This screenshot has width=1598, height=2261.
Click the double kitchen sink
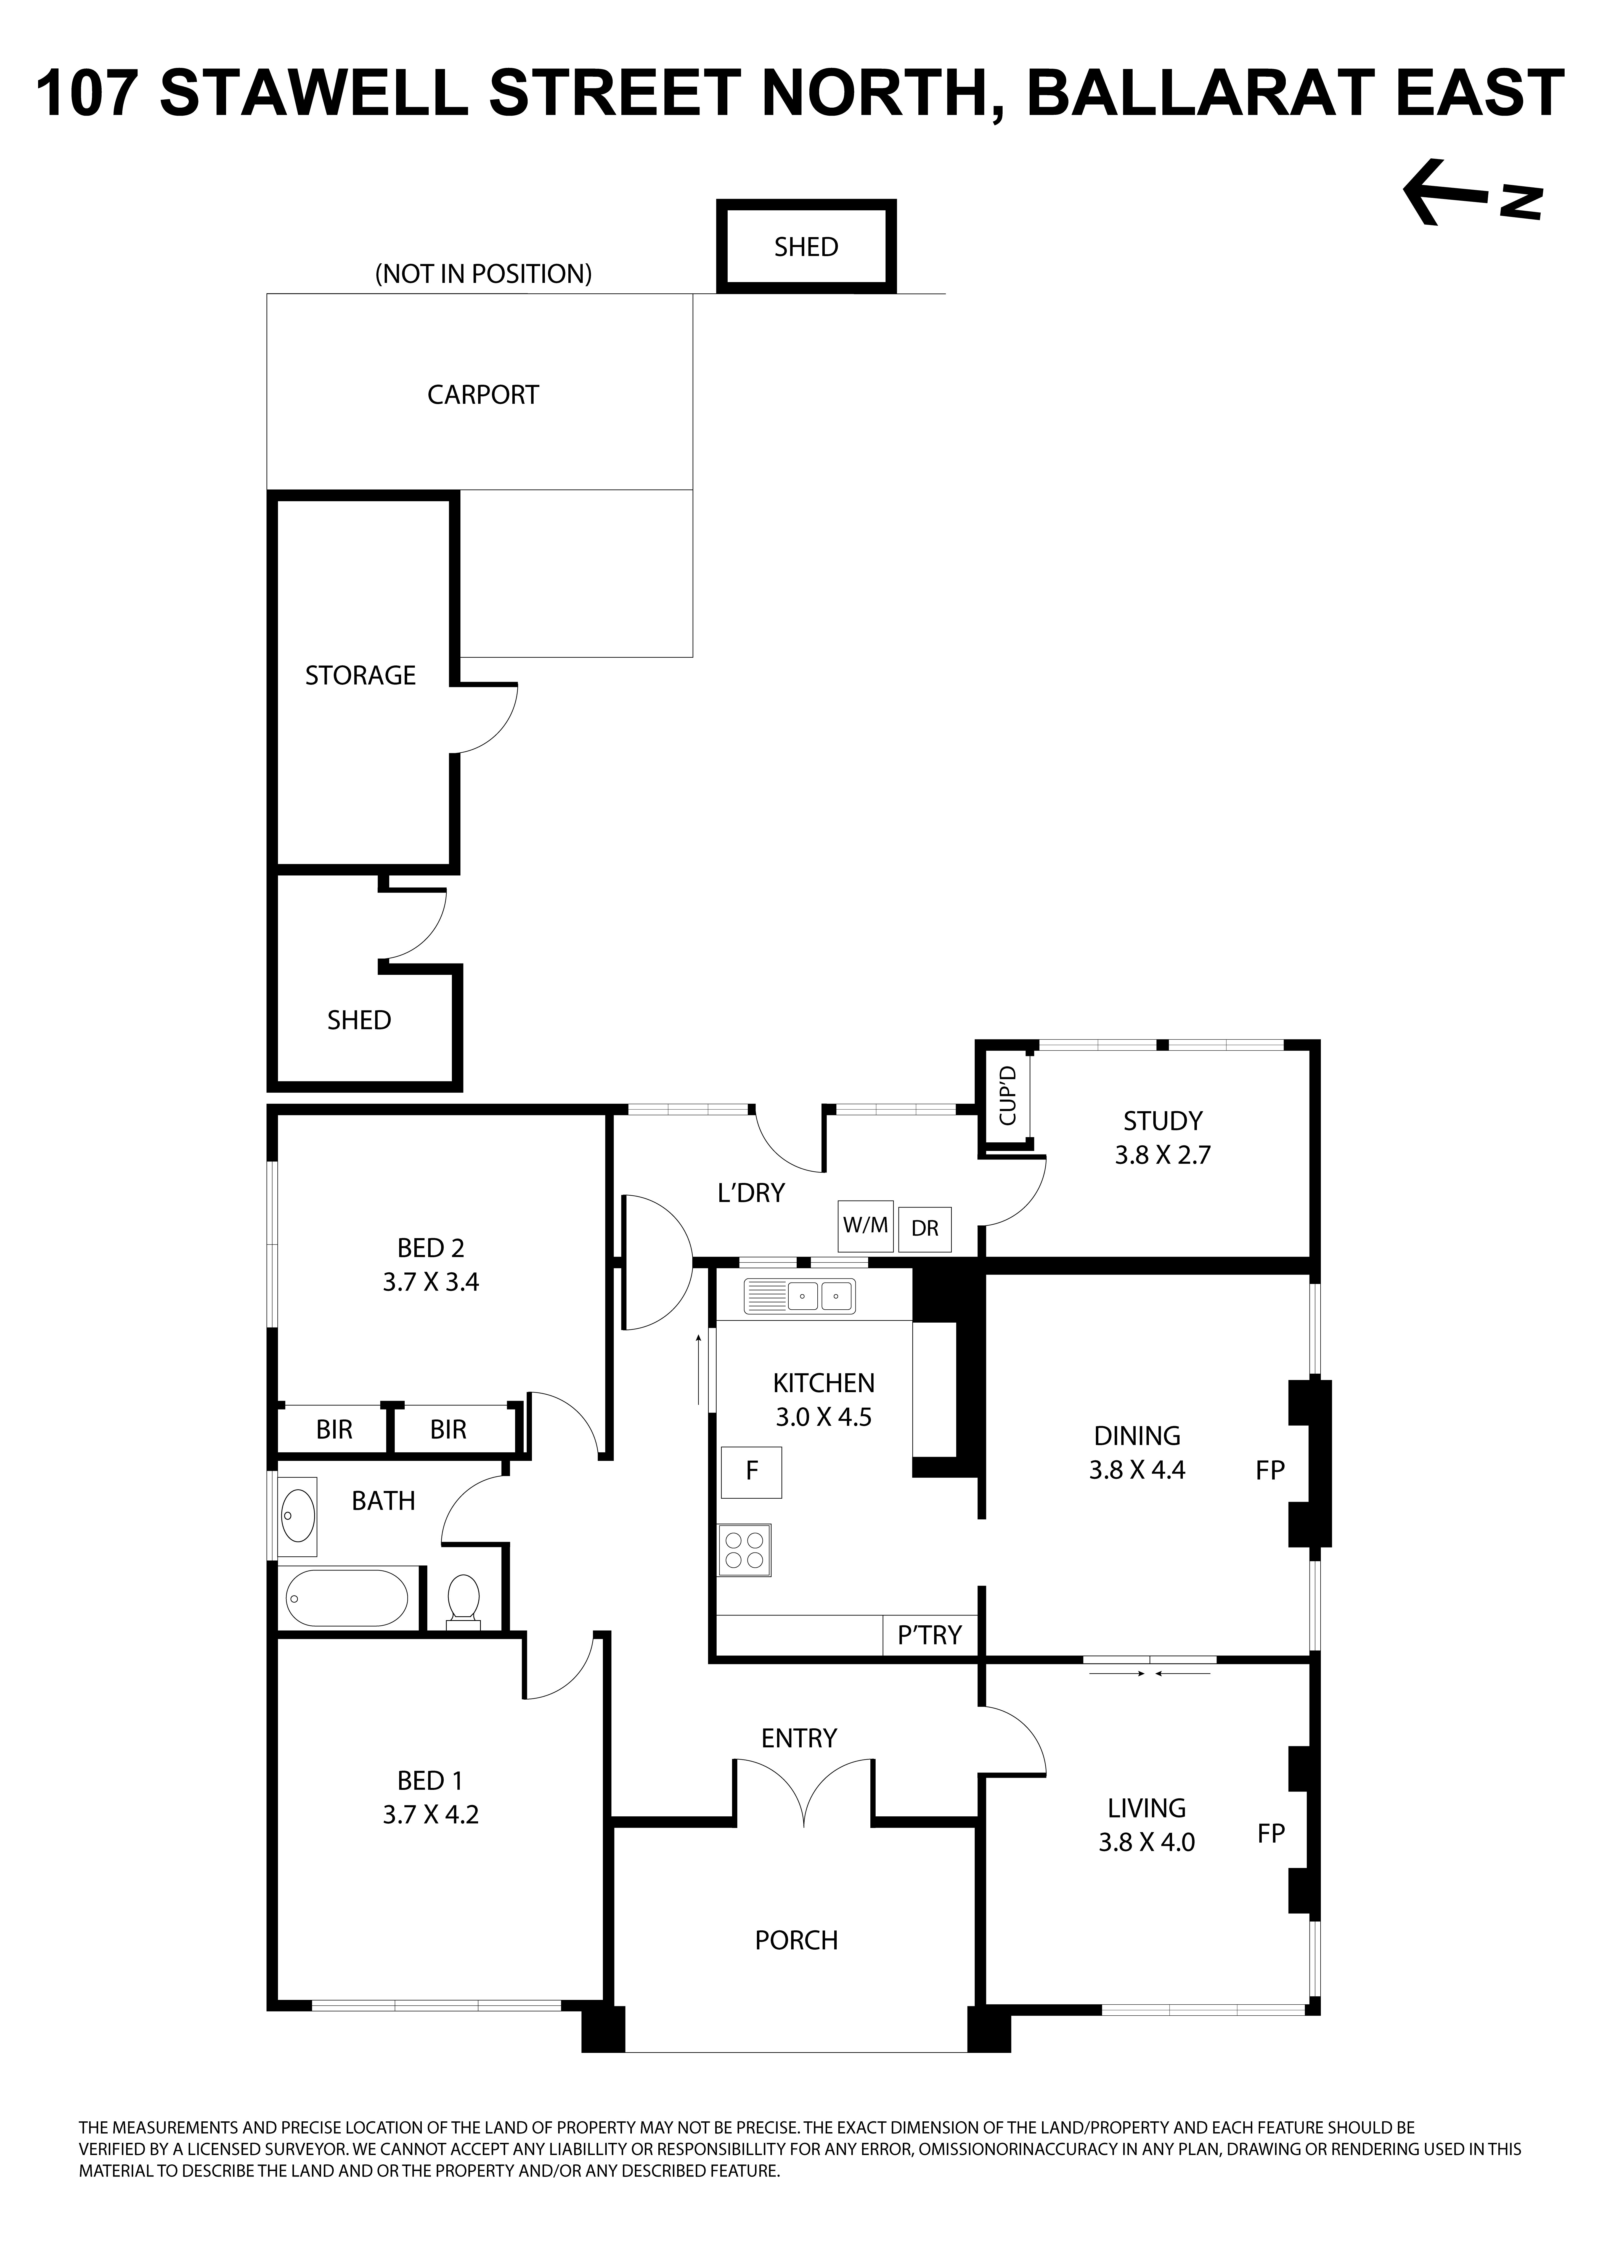pos(799,1296)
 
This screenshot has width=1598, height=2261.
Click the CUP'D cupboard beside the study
pos(1006,1096)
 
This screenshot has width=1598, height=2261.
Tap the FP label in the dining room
pos(1270,1470)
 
